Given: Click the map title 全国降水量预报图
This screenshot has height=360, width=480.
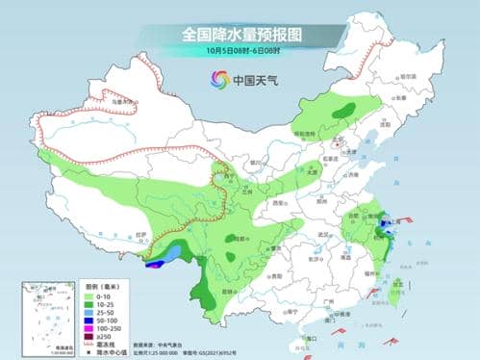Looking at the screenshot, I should click(240, 35).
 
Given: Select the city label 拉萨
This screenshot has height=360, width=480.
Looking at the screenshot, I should click(140, 234).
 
